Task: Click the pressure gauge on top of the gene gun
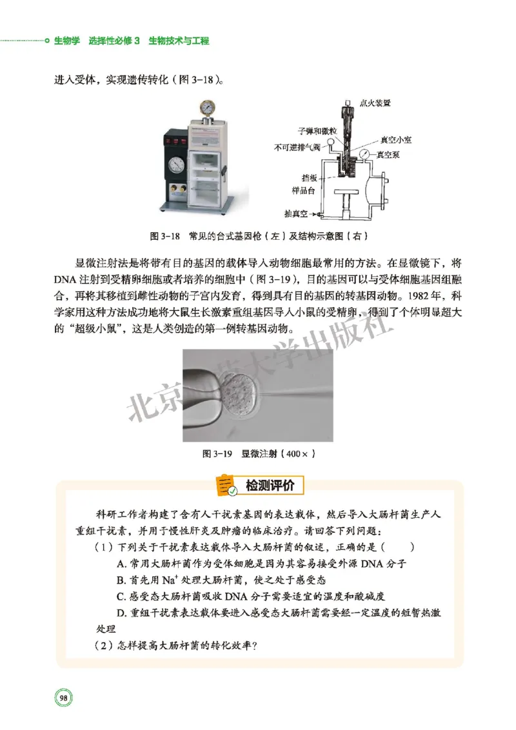click(208, 107)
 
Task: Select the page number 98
click(64, 697)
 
